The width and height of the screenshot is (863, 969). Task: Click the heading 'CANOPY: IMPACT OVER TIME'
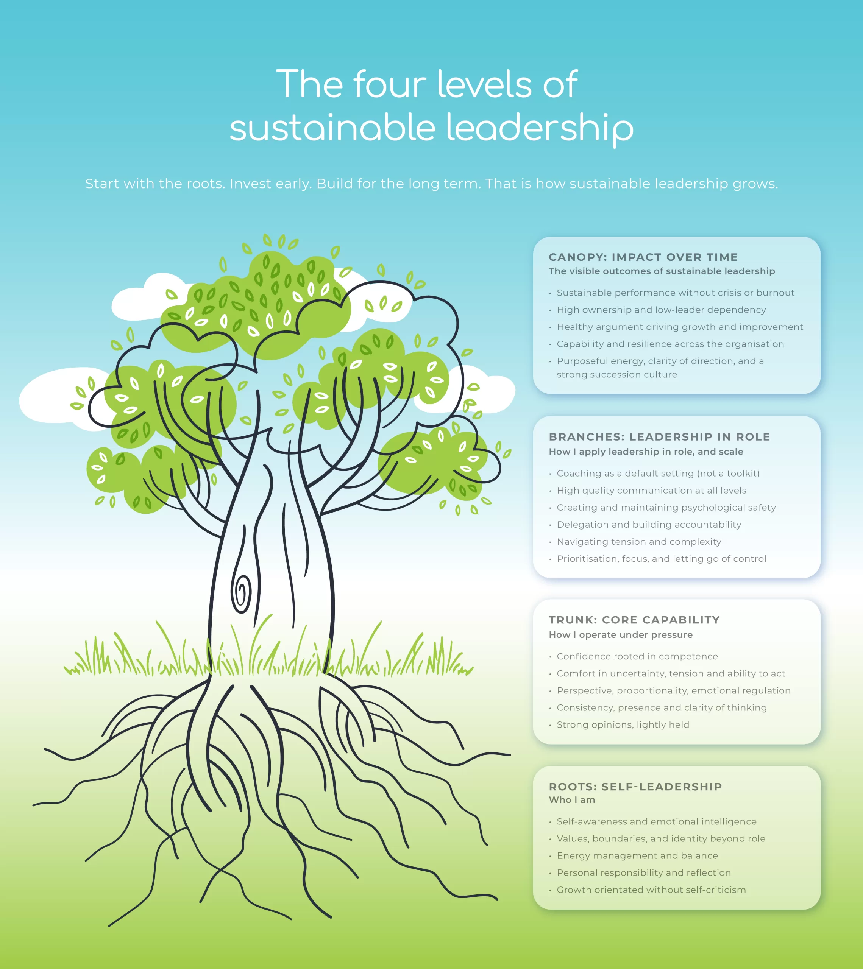(643, 257)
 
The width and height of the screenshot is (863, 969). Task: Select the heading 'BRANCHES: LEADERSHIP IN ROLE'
(659, 437)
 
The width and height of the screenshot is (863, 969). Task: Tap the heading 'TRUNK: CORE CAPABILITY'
(634, 620)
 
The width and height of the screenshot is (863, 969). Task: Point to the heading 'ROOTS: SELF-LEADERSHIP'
(635, 787)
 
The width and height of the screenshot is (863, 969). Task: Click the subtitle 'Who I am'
(572, 800)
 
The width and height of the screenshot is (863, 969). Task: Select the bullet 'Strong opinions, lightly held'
(623, 724)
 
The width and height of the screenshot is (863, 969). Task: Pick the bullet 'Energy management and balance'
(637, 855)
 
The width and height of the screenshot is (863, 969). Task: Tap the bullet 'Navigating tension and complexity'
(639, 541)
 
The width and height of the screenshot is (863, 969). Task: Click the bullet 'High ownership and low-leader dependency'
(661, 310)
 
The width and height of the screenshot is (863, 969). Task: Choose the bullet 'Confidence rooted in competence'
(637, 656)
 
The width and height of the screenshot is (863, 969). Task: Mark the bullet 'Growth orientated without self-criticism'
(651, 890)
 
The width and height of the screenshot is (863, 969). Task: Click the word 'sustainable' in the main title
(332, 128)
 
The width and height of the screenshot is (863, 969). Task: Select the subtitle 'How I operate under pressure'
(620, 635)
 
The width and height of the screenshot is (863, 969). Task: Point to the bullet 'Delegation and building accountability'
(649, 524)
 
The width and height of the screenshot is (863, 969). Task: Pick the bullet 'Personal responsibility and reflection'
(643, 872)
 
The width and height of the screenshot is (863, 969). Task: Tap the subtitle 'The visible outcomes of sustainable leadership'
(662, 271)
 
